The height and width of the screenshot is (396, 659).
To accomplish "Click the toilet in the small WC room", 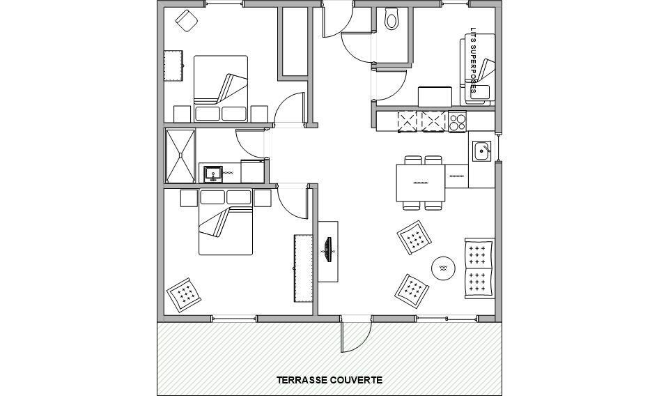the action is [391, 19].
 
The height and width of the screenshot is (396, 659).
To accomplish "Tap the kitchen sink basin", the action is [481, 151].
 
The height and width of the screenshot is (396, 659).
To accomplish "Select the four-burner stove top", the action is [457, 121].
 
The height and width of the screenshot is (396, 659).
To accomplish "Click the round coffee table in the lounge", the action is [443, 268].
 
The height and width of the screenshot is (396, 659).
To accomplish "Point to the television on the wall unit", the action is [328, 250].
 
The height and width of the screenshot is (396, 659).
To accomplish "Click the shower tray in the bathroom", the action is [180, 155].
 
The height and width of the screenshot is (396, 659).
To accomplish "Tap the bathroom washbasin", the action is [213, 174].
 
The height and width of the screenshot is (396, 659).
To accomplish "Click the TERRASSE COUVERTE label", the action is [329, 380].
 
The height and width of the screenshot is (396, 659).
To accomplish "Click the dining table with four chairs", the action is [420, 183].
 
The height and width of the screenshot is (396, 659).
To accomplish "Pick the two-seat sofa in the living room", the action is [479, 268].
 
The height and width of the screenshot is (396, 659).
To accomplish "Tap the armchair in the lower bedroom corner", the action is [184, 295].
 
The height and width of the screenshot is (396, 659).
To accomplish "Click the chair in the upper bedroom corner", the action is [187, 20].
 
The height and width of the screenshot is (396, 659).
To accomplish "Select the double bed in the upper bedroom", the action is [221, 89].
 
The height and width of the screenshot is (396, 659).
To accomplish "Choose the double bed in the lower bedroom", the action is [226, 222].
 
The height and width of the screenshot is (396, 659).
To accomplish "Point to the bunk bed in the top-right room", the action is [478, 70].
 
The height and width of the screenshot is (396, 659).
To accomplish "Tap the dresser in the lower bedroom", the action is [303, 268].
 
